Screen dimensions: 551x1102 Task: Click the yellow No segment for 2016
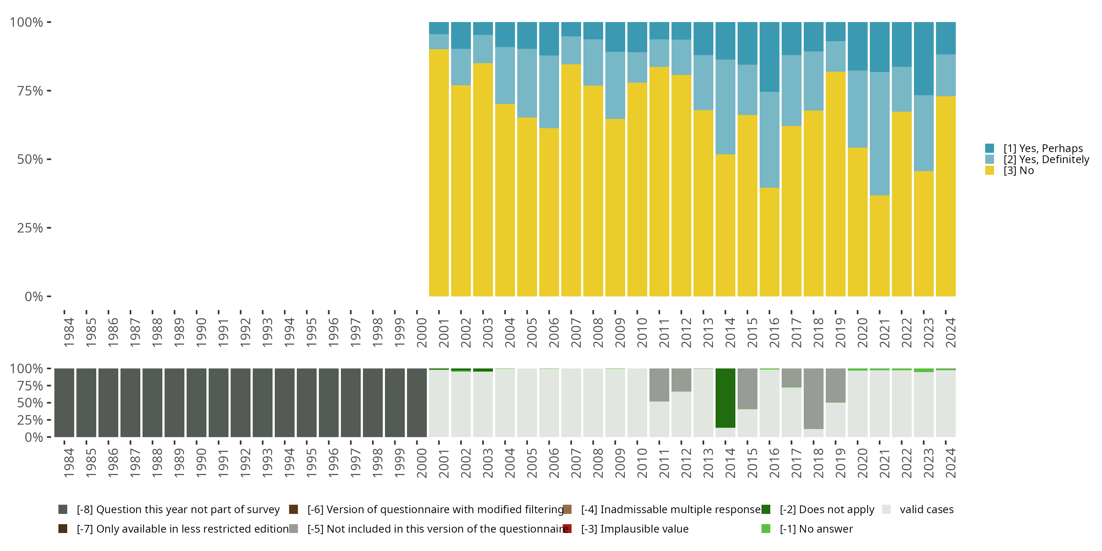point(769,242)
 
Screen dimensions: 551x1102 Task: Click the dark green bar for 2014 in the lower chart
point(725,398)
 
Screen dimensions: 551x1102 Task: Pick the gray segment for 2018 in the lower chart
point(813,398)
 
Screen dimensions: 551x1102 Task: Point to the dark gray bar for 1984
point(64,403)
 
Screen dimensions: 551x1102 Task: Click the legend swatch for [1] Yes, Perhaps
point(990,148)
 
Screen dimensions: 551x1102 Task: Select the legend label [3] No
point(1019,171)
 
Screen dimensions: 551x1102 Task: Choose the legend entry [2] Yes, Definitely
point(1046,159)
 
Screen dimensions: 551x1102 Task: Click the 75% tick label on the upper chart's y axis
point(30,91)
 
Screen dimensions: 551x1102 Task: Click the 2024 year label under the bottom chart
point(950,463)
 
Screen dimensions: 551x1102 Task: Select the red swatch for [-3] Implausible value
point(567,529)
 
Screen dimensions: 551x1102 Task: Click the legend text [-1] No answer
point(816,529)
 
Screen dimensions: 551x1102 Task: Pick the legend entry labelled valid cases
point(926,509)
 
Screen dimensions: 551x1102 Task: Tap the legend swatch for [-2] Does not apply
point(766,509)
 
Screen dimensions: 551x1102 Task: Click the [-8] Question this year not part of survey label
point(178,509)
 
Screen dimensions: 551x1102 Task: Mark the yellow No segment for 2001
point(439,173)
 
